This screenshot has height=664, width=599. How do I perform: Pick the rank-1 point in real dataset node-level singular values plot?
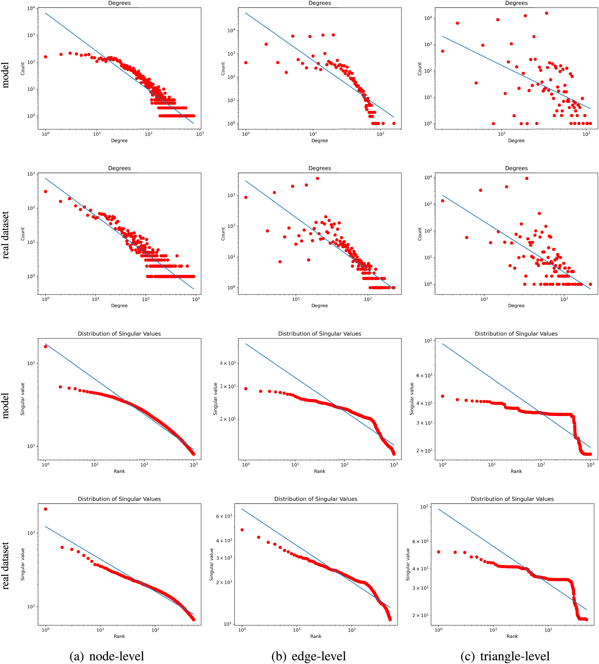[x=45, y=509]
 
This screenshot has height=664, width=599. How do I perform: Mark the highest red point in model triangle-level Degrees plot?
[x=546, y=13]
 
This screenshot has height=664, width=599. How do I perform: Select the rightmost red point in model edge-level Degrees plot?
[x=394, y=124]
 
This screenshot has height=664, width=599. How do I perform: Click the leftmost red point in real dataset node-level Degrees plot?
[x=45, y=192]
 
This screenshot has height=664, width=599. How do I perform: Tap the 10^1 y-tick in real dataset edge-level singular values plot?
[x=227, y=624]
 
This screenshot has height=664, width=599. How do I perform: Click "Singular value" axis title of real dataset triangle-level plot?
[x=408, y=564]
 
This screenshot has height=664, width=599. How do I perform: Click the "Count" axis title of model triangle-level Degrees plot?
[x=420, y=69]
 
